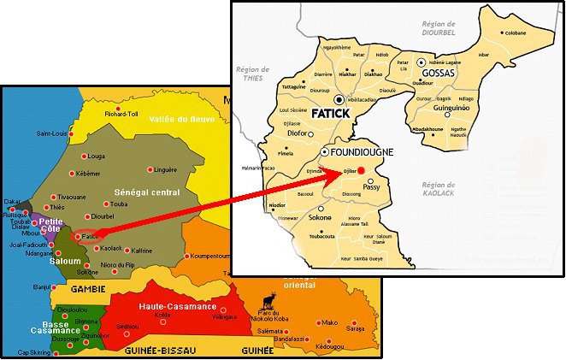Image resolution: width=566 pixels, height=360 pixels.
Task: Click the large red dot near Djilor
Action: pos(361,170)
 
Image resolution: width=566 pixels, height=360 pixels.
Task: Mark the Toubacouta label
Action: pos(320,236)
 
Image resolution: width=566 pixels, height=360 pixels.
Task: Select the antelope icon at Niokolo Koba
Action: pos(270,299)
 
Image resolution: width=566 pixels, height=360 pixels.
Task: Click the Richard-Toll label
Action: pos(121,113)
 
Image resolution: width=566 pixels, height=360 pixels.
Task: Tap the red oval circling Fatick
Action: pos(84,238)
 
